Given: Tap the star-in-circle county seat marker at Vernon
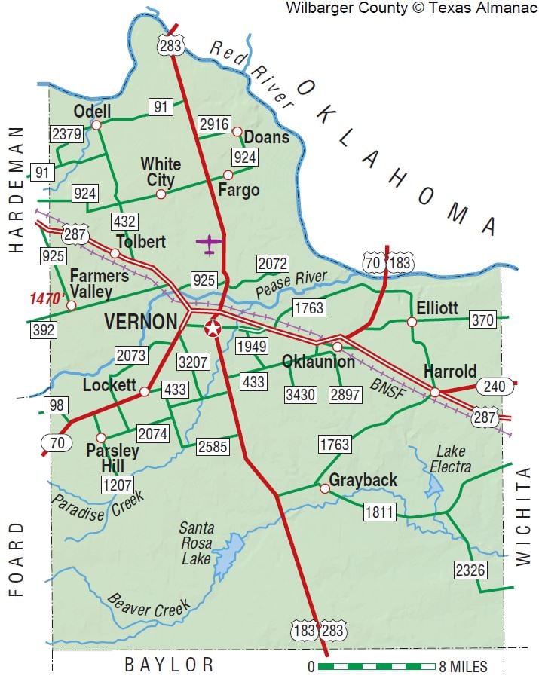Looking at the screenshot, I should (213, 328).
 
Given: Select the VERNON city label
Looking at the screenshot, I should (141, 322).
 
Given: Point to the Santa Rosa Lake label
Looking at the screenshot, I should (196, 543).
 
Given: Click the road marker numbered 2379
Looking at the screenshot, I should (66, 134).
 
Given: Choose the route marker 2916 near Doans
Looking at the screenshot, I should (213, 124).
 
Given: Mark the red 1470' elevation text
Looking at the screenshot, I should (44, 298).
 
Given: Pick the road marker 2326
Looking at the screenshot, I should (470, 570).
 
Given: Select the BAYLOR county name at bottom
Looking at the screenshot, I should (170, 665).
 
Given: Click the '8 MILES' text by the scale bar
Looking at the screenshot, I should (463, 667).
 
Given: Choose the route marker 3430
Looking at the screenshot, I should (299, 393).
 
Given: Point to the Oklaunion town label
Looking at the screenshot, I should (318, 362).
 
